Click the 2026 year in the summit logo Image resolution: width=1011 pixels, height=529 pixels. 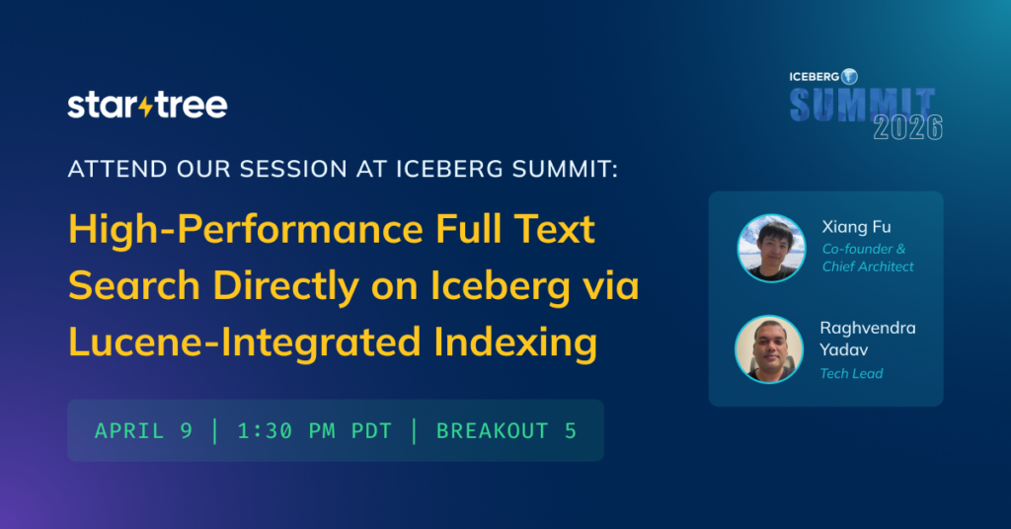coord(907,127)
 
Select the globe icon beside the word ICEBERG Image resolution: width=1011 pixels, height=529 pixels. coord(849,76)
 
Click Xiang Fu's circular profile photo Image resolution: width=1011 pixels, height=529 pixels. coord(771,248)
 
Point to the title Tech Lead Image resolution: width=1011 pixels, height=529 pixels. coord(851,373)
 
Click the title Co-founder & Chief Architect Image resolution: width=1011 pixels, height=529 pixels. coord(868,258)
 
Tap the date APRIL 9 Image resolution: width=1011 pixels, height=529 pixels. coord(143,430)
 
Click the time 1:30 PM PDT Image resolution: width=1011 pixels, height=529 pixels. coord(314,430)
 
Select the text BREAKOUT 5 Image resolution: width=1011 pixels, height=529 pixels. coord(506,430)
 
